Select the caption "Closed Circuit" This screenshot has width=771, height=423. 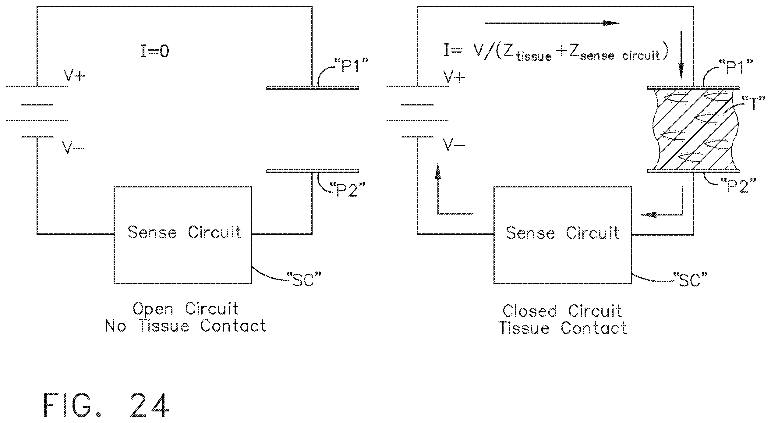point(562,311)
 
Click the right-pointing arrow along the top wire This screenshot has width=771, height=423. point(552,23)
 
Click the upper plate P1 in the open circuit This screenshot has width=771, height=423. point(312,88)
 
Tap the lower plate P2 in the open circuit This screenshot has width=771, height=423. point(312,171)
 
